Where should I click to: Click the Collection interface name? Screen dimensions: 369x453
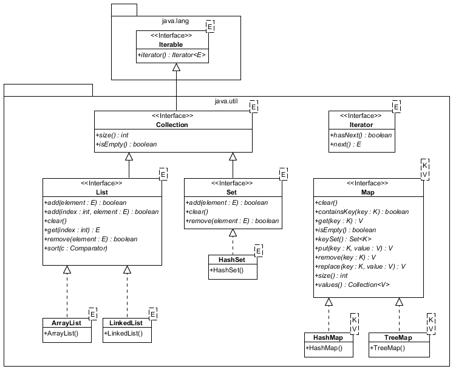click(173, 125)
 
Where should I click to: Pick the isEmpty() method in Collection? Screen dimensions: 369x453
click(126, 145)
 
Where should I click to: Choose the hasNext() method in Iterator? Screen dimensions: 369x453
click(361, 135)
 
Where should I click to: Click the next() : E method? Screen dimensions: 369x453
click(344, 145)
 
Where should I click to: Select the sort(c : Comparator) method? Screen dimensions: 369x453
click(77, 248)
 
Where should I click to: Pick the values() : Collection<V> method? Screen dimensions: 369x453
click(352, 285)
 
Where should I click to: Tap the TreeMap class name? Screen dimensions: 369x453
click(398, 337)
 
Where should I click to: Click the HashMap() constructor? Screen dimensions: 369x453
click(324, 348)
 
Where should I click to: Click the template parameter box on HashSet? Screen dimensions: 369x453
click(259, 250)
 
